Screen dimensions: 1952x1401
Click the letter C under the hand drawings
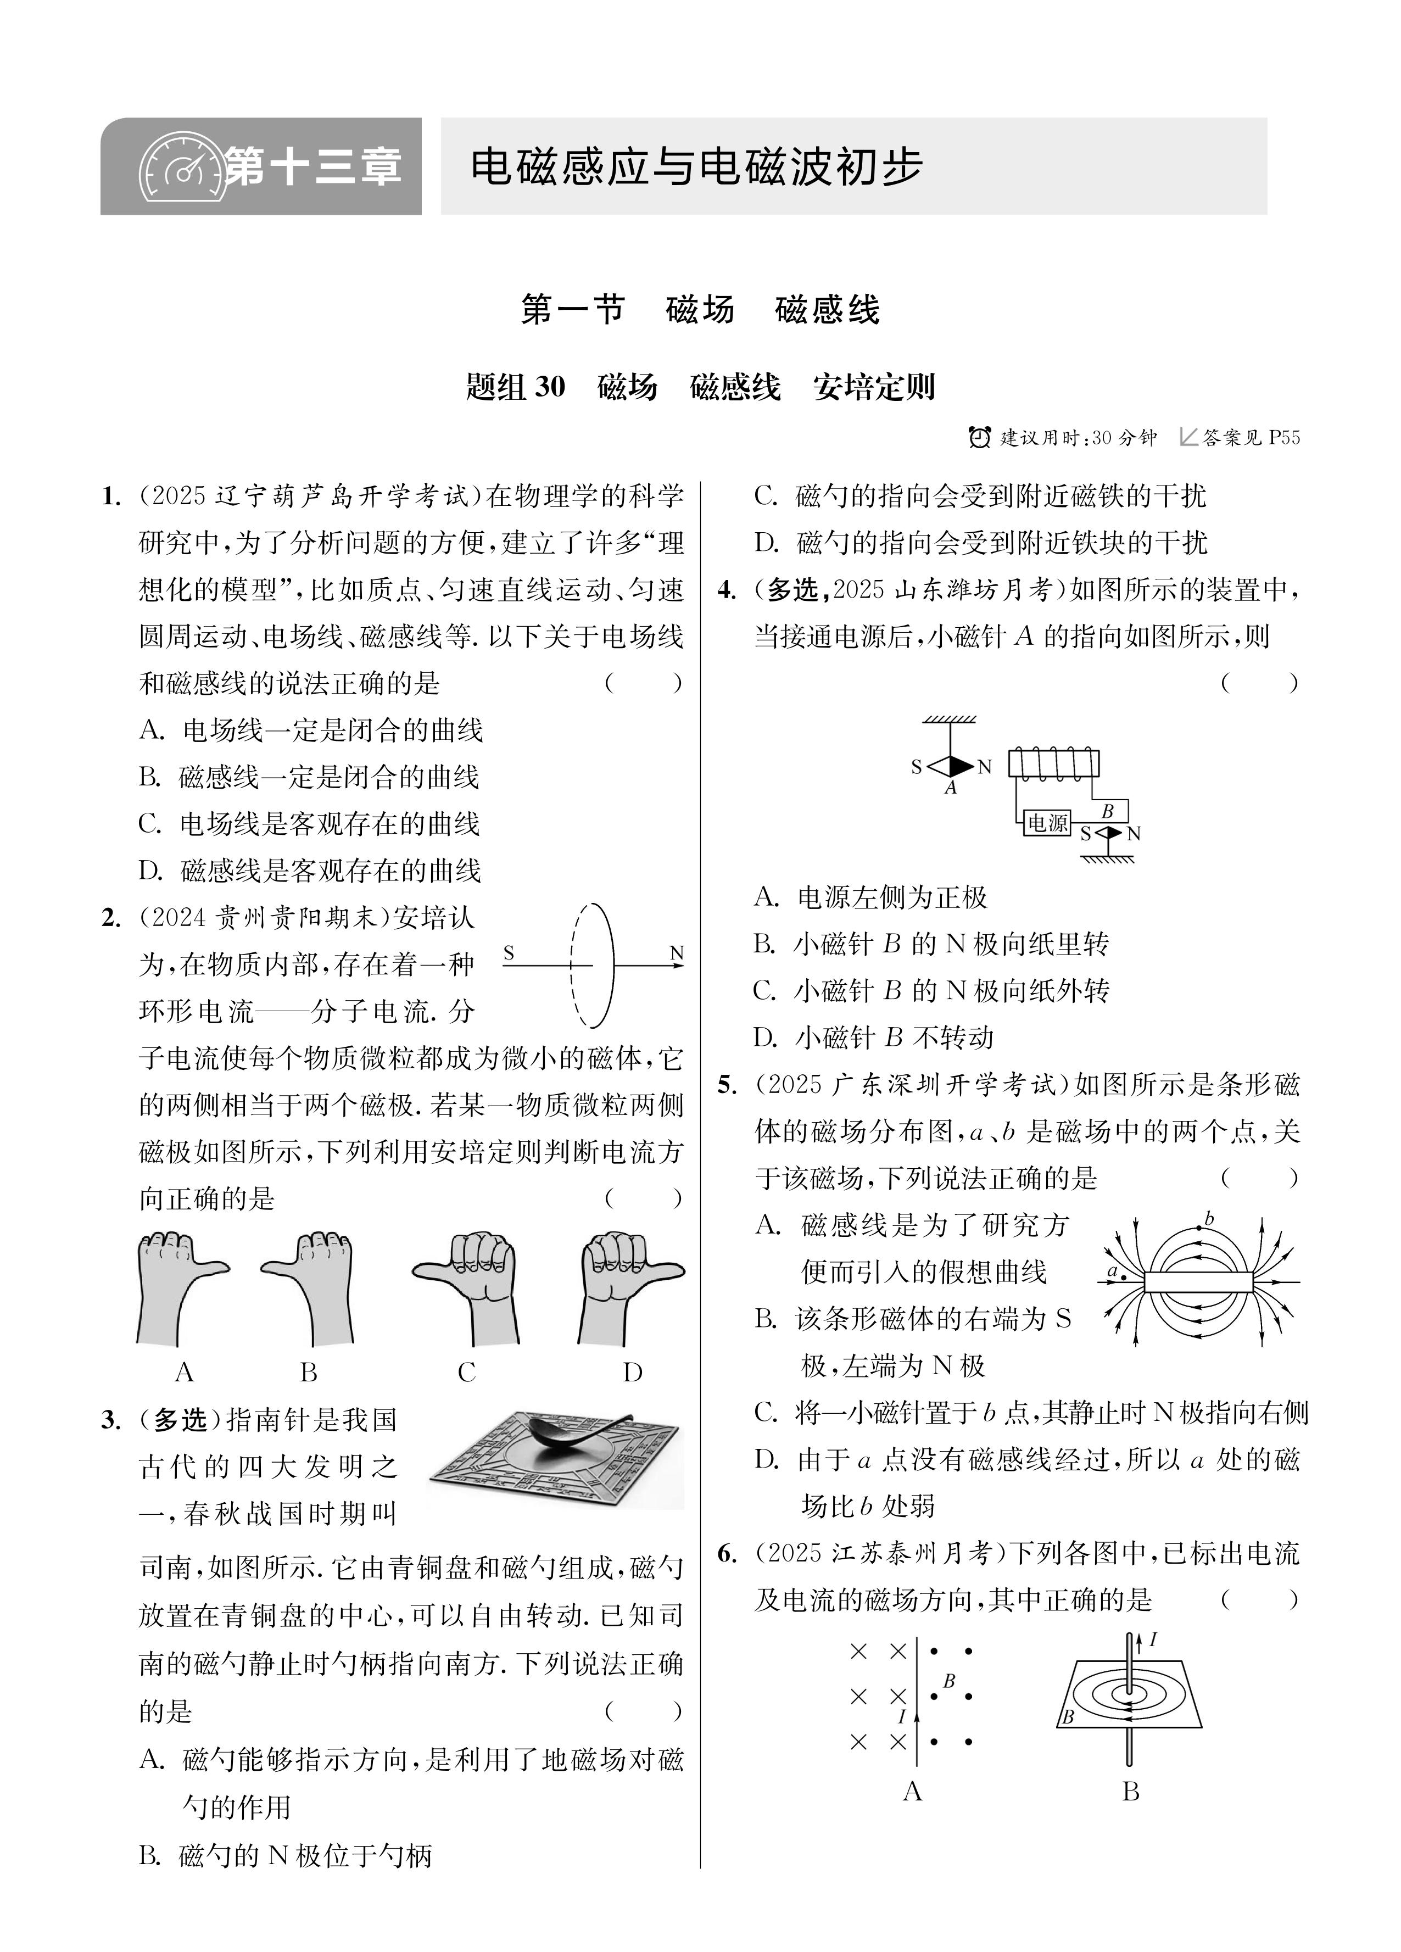tap(466, 1372)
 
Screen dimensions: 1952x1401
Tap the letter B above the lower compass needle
tap(1108, 811)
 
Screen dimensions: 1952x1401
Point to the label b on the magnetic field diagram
tap(1208, 1219)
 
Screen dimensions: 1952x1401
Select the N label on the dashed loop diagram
tap(677, 953)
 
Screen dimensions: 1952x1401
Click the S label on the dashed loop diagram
tap(509, 953)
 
